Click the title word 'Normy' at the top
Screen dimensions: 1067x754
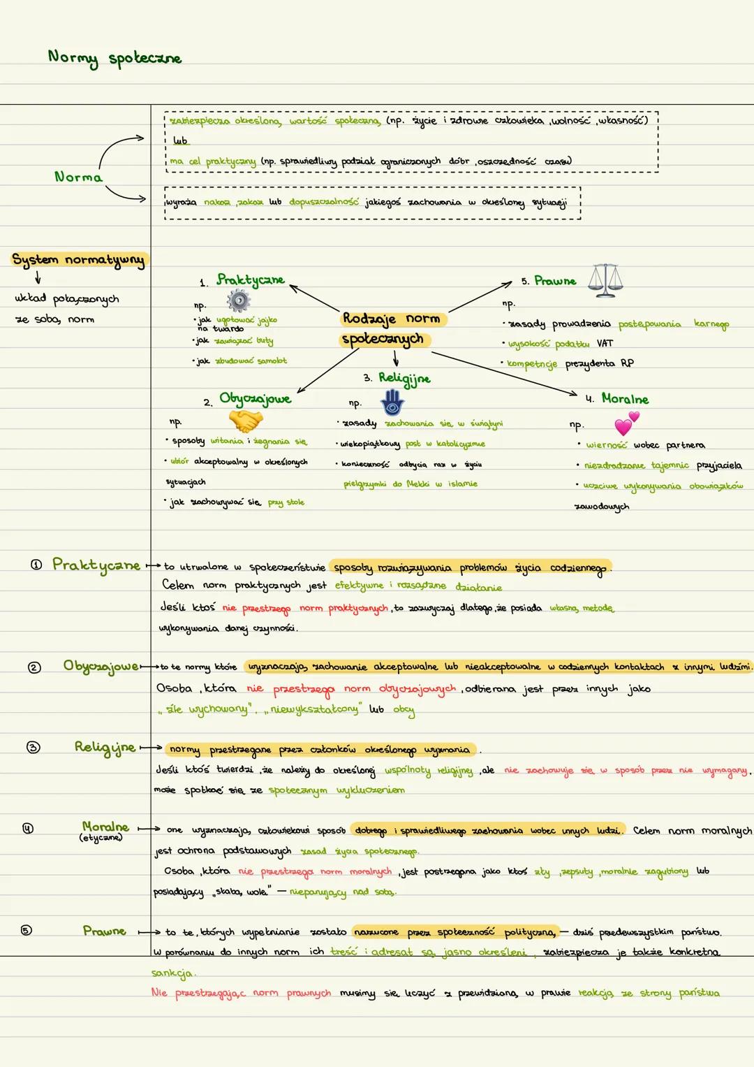click(73, 57)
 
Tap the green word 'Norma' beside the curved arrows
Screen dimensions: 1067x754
click(78, 177)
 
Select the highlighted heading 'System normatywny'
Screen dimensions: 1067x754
click(78, 260)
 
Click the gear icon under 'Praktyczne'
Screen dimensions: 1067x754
click(239, 301)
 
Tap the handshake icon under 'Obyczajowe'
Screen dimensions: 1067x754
click(246, 421)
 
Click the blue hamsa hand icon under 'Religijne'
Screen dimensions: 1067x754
click(392, 403)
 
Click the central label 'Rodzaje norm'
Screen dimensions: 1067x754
click(392, 319)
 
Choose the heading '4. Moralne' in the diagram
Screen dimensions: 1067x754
click(617, 399)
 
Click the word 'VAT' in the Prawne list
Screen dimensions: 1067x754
click(605, 344)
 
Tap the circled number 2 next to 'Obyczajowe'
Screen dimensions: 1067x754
click(34, 667)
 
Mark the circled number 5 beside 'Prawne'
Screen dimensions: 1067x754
click(26, 930)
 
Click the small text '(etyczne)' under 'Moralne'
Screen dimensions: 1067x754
click(101, 837)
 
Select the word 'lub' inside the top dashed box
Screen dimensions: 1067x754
click(180, 140)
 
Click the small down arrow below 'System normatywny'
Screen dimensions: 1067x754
click(37, 279)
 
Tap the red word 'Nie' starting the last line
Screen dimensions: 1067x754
click(159, 992)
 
